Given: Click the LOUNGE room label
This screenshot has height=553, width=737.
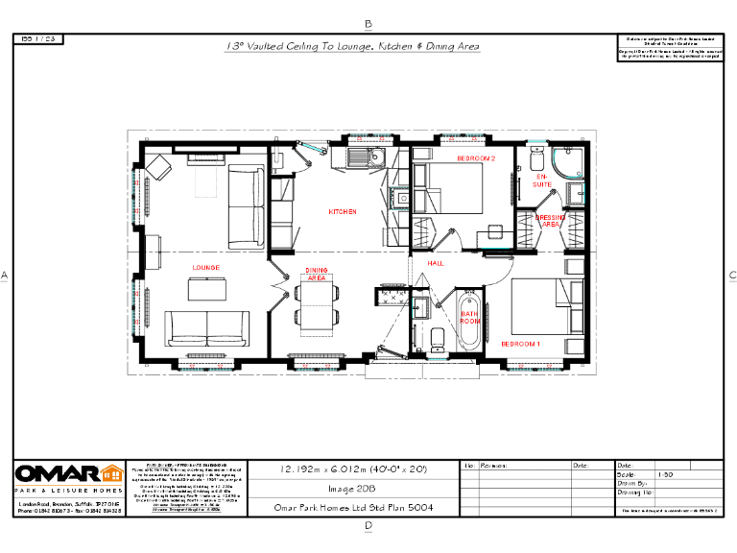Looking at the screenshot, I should click(205, 267).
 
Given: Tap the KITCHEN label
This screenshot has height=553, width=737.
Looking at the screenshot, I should click(343, 211).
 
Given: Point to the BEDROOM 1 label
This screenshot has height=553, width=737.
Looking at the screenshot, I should click(520, 344).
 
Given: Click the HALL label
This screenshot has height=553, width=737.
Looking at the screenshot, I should click(436, 262).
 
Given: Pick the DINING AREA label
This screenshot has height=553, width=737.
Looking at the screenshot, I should click(317, 274).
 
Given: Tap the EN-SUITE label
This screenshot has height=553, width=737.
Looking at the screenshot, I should click(544, 180).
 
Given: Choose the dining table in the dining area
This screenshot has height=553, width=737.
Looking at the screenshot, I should click(316, 306).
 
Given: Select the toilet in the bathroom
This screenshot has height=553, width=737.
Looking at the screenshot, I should click(438, 338).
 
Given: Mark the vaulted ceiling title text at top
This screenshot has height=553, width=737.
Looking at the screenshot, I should click(352, 46).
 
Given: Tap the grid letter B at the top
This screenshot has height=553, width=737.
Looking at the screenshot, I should click(368, 23).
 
